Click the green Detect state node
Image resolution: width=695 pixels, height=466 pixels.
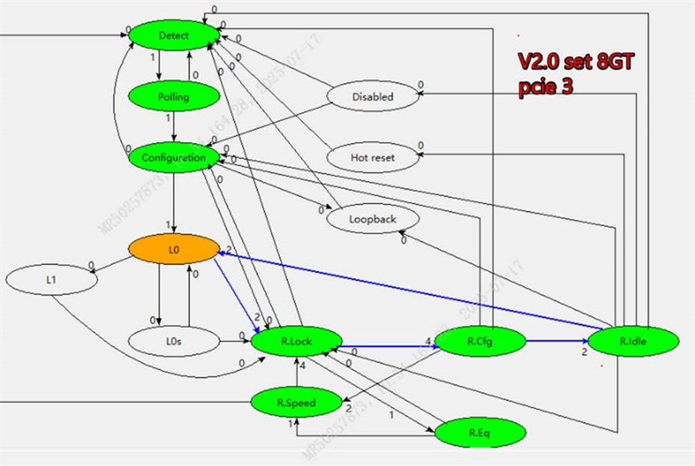[x=173, y=35]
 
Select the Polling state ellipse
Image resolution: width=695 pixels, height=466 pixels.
[x=173, y=97]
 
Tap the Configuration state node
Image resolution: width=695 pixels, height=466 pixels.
[x=173, y=157]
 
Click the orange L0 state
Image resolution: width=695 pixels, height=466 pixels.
[x=173, y=249]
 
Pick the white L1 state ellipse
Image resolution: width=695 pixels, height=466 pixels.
[x=51, y=280]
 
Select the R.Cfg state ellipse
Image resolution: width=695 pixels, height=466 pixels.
[x=480, y=340]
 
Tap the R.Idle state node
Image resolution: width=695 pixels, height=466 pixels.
[x=634, y=341]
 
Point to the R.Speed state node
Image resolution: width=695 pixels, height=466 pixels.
[x=296, y=402]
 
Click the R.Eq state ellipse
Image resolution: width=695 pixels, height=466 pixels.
[x=480, y=433]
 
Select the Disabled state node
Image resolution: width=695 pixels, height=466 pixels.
[x=374, y=97]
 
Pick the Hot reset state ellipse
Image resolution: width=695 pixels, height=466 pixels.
[x=374, y=157]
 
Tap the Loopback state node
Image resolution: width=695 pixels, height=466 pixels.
[x=374, y=219]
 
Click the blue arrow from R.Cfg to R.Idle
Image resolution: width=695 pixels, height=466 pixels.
[x=557, y=341]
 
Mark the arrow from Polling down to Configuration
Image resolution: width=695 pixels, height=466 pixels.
[x=173, y=127]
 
